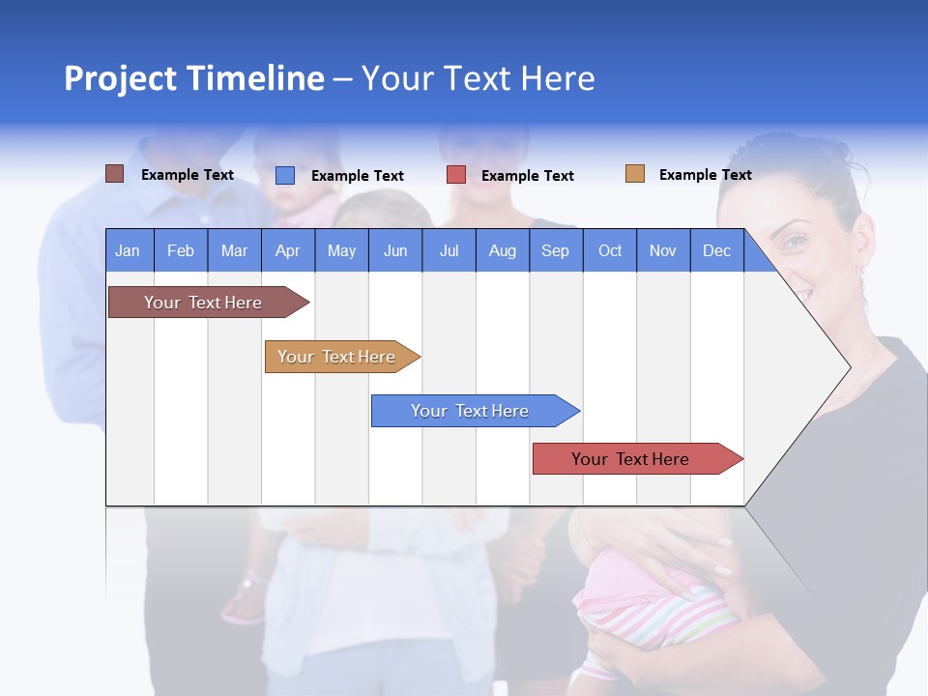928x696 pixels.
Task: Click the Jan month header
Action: click(x=129, y=250)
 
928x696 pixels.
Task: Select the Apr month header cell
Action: click(x=288, y=250)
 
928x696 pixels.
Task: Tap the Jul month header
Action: click(x=449, y=250)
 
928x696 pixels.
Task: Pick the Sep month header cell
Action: click(x=556, y=250)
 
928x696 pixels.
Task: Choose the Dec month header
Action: click(x=716, y=250)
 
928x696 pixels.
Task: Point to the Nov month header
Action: click(x=663, y=250)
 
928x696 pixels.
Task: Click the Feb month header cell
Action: click(x=181, y=250)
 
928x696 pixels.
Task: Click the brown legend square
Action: click(x=114, y=174)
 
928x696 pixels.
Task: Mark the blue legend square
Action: click(x=285, y=175)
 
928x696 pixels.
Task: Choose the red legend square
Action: click(x=456, y=175)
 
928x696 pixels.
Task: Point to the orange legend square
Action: click(x=635, y=174)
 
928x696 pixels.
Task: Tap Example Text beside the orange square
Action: click(x=705, y=175)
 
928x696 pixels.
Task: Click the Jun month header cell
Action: click(x=395, y=250)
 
